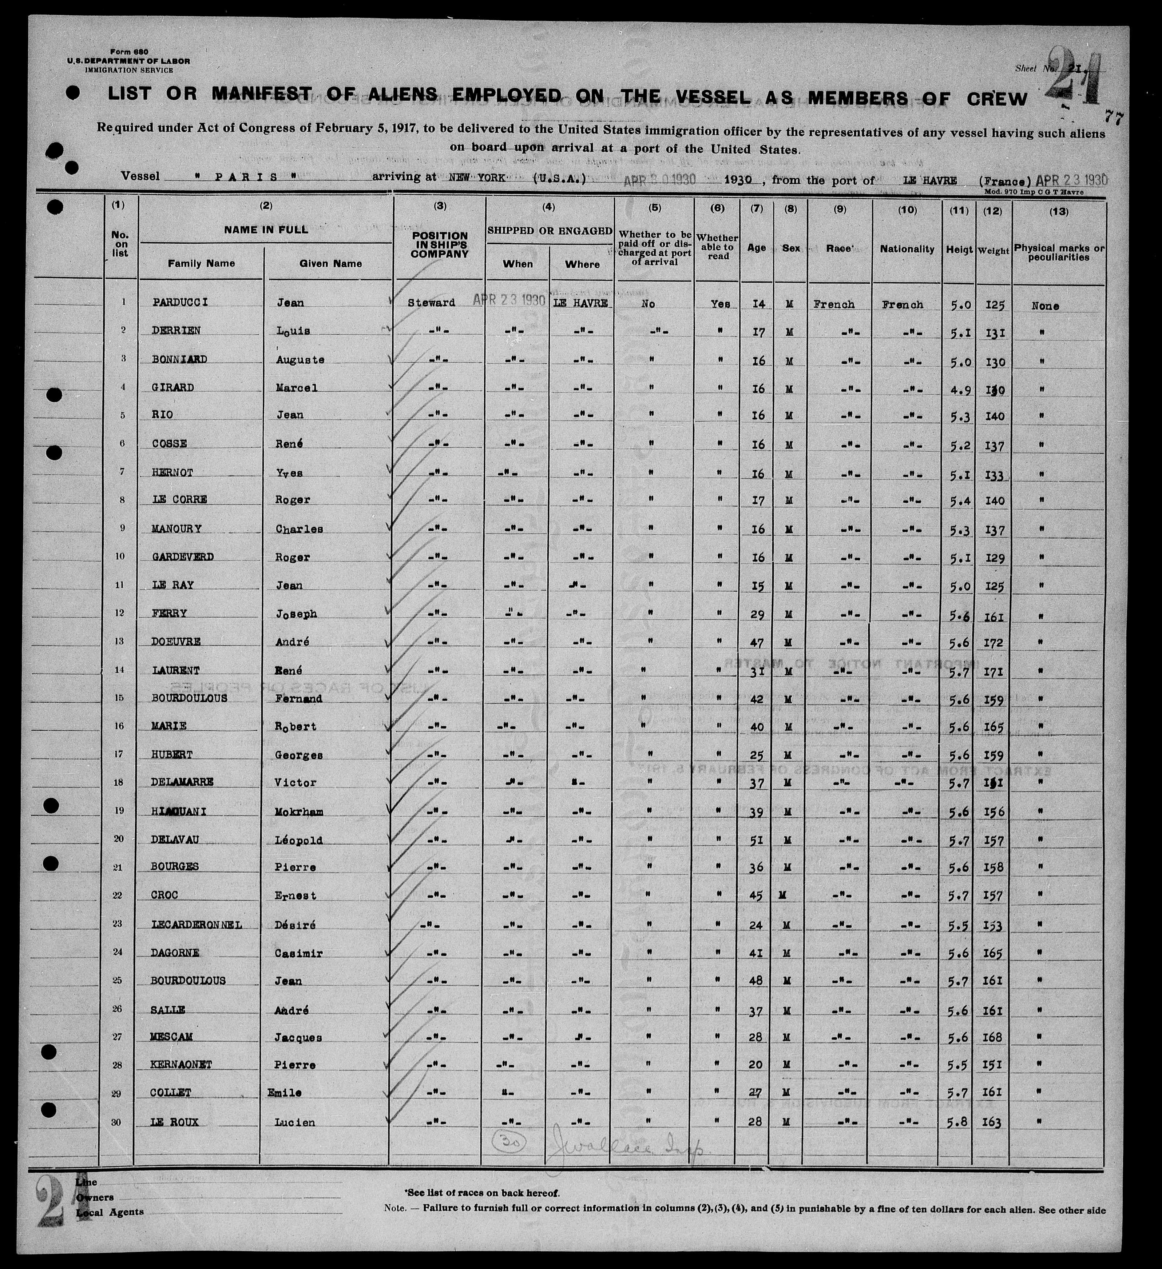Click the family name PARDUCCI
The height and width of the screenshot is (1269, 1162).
(180, 302)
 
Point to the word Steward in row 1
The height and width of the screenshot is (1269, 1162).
(431, 303)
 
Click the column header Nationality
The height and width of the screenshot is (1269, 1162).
(907, 249)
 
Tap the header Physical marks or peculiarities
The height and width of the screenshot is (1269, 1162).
(1059, 252)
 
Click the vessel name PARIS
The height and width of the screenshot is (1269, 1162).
(246, 177)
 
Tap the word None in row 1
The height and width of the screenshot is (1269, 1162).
(1045, 306)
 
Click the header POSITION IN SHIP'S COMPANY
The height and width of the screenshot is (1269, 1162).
(440, 245)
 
